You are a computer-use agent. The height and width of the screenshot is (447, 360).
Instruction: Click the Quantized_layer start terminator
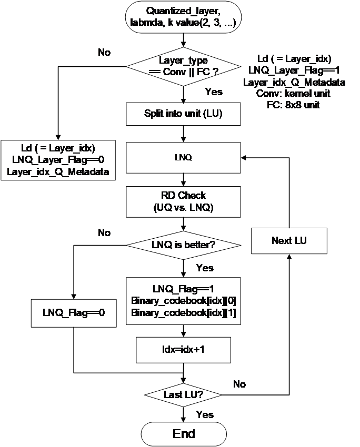pos(184,17)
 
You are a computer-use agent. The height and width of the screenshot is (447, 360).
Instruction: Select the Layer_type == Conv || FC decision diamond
pos(184,66)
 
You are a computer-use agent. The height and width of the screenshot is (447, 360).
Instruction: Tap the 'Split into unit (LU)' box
pos(183,114)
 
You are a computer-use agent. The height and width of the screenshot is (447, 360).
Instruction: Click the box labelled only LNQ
pos(183,157)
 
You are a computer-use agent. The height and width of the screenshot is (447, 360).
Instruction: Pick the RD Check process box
pos(183,201)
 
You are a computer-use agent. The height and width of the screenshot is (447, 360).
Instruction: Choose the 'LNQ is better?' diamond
pos(183,245)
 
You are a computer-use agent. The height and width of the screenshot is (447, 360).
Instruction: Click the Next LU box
pos(289,241)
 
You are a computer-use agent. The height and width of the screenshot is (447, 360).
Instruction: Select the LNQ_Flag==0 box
pos(74,312)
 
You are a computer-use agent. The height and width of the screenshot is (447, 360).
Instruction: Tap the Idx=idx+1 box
pos(183,350)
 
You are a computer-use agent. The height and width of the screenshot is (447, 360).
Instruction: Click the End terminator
pos(184,434)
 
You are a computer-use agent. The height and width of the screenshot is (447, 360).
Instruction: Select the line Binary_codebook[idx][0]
pos(183,301)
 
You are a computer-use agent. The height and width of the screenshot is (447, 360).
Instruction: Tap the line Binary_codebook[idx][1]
pos(183,313)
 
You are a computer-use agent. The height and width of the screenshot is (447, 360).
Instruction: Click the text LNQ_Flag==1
pos(183,289)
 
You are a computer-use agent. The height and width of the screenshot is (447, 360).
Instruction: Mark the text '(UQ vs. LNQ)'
pos(183,208)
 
